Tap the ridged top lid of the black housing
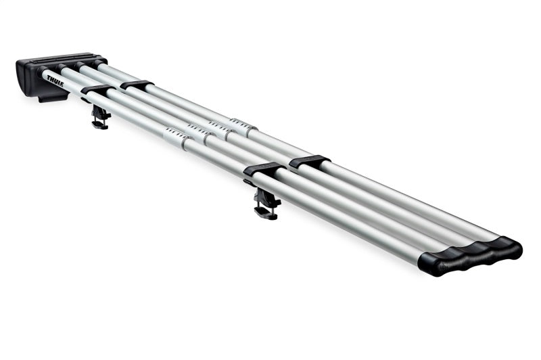click(x=66, y=59)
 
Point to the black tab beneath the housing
click(x=53, y=97)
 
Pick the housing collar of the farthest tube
click(x=99, y=63)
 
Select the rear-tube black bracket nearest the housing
click(x=137, y=85)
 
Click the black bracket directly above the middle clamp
click(x=264, y=169)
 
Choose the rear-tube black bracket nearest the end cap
click(x=310, y=161)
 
